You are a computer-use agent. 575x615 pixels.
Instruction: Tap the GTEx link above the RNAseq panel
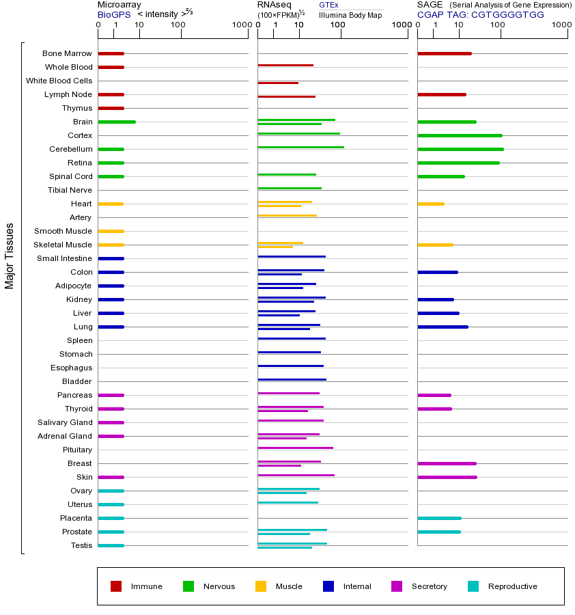click(328, 5)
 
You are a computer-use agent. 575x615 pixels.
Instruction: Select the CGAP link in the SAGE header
click(430, 14)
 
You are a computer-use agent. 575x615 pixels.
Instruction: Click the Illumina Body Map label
click(350, 14)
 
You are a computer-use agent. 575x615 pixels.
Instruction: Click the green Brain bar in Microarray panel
click(117, 122)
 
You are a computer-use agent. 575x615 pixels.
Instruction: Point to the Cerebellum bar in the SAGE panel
click(460, 149)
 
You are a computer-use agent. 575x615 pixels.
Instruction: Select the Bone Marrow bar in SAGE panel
click(444, 53)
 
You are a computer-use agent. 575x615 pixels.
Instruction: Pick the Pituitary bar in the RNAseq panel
click(295, 448)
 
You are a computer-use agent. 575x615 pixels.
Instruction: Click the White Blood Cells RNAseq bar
click(278, 83)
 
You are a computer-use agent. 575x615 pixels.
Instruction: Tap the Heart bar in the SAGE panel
click(430, 204)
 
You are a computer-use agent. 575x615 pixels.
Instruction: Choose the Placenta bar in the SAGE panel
click(439, 518)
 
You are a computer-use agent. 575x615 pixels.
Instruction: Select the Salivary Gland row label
click(65, 422)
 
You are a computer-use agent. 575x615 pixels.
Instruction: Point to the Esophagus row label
click(71, 368)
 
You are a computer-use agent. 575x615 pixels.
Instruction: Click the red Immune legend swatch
click(116, 586)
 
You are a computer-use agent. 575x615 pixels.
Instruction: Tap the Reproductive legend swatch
click(473, 586)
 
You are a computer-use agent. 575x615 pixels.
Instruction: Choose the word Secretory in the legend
click(429, 586)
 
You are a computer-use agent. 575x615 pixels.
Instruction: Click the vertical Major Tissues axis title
click(10, 256)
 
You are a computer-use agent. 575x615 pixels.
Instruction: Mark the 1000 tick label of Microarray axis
click(240, 25)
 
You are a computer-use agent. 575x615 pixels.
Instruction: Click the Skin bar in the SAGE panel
click(447, 477)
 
